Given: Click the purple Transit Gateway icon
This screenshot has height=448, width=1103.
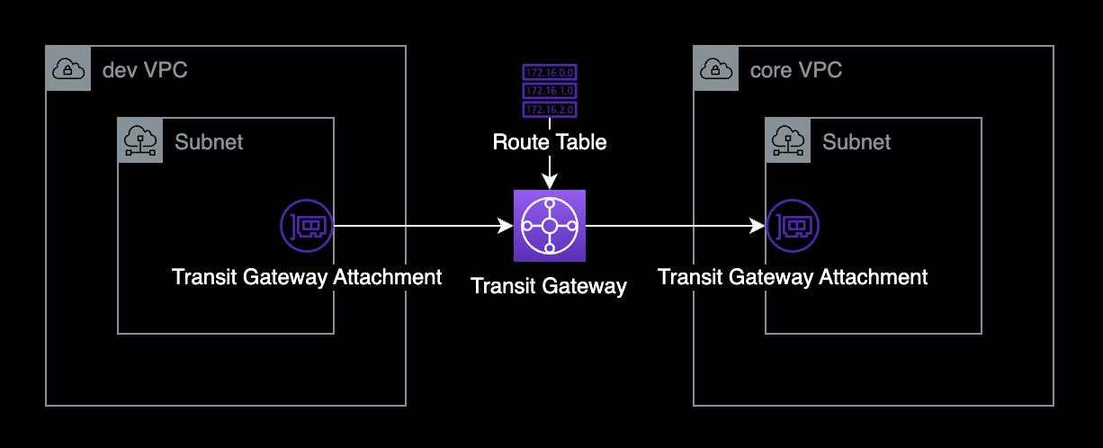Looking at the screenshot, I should [549, 225].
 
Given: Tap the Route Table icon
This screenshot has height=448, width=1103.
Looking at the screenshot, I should [549, 90].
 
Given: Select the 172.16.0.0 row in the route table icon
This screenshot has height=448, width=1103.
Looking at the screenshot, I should [549, 71].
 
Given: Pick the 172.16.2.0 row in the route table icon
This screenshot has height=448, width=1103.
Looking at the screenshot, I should [549, 109].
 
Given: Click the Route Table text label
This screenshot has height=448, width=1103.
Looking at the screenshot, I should [549, 142].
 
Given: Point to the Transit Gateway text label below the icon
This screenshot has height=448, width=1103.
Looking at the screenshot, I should [549, 287].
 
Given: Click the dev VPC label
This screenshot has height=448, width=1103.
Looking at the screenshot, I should [145, 70].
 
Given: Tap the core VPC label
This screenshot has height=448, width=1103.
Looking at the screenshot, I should [795, 70].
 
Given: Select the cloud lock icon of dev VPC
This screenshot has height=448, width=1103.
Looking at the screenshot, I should [68, 68].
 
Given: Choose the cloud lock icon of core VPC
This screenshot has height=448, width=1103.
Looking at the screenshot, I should [716, 68].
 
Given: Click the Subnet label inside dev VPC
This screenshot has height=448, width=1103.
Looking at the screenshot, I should [209, 141].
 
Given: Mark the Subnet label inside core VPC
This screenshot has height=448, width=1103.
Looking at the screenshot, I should [856, 141].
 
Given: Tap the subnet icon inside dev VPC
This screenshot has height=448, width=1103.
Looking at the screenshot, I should [140, 140].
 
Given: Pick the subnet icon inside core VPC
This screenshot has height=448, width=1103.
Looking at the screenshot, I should [788, 140].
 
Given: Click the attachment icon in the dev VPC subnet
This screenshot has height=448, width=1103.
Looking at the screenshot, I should [306, 225].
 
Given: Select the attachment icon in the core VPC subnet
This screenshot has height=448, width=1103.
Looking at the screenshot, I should [793, 225].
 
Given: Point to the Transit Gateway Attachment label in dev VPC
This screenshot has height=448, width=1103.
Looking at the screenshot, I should [307, 277].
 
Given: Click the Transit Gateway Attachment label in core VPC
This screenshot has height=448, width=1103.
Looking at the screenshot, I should [793, 277].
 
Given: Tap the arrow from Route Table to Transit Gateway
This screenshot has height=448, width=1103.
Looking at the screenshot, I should [549, 171].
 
